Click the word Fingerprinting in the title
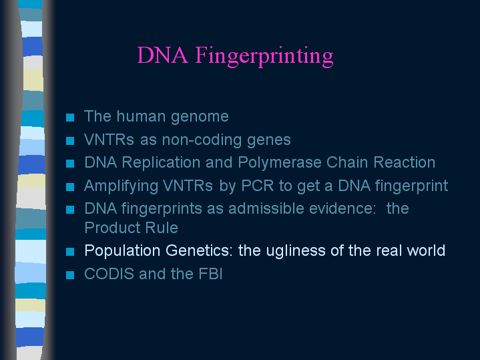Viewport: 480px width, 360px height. [264, 55]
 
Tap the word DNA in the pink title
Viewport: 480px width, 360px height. [162, 55]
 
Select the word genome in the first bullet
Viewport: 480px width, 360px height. [200, 117]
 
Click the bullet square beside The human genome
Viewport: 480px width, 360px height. [70, 118]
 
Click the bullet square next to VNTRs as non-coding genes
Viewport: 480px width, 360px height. [70, 141]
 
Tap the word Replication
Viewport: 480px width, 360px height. [161, 163]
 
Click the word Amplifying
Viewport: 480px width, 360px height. [121, 186]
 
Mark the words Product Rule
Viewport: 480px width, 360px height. [131, 228]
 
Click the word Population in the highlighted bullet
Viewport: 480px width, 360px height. [122, 251]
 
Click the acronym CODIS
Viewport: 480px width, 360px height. [109, 274]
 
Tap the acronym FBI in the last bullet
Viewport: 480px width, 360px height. [210, 274]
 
